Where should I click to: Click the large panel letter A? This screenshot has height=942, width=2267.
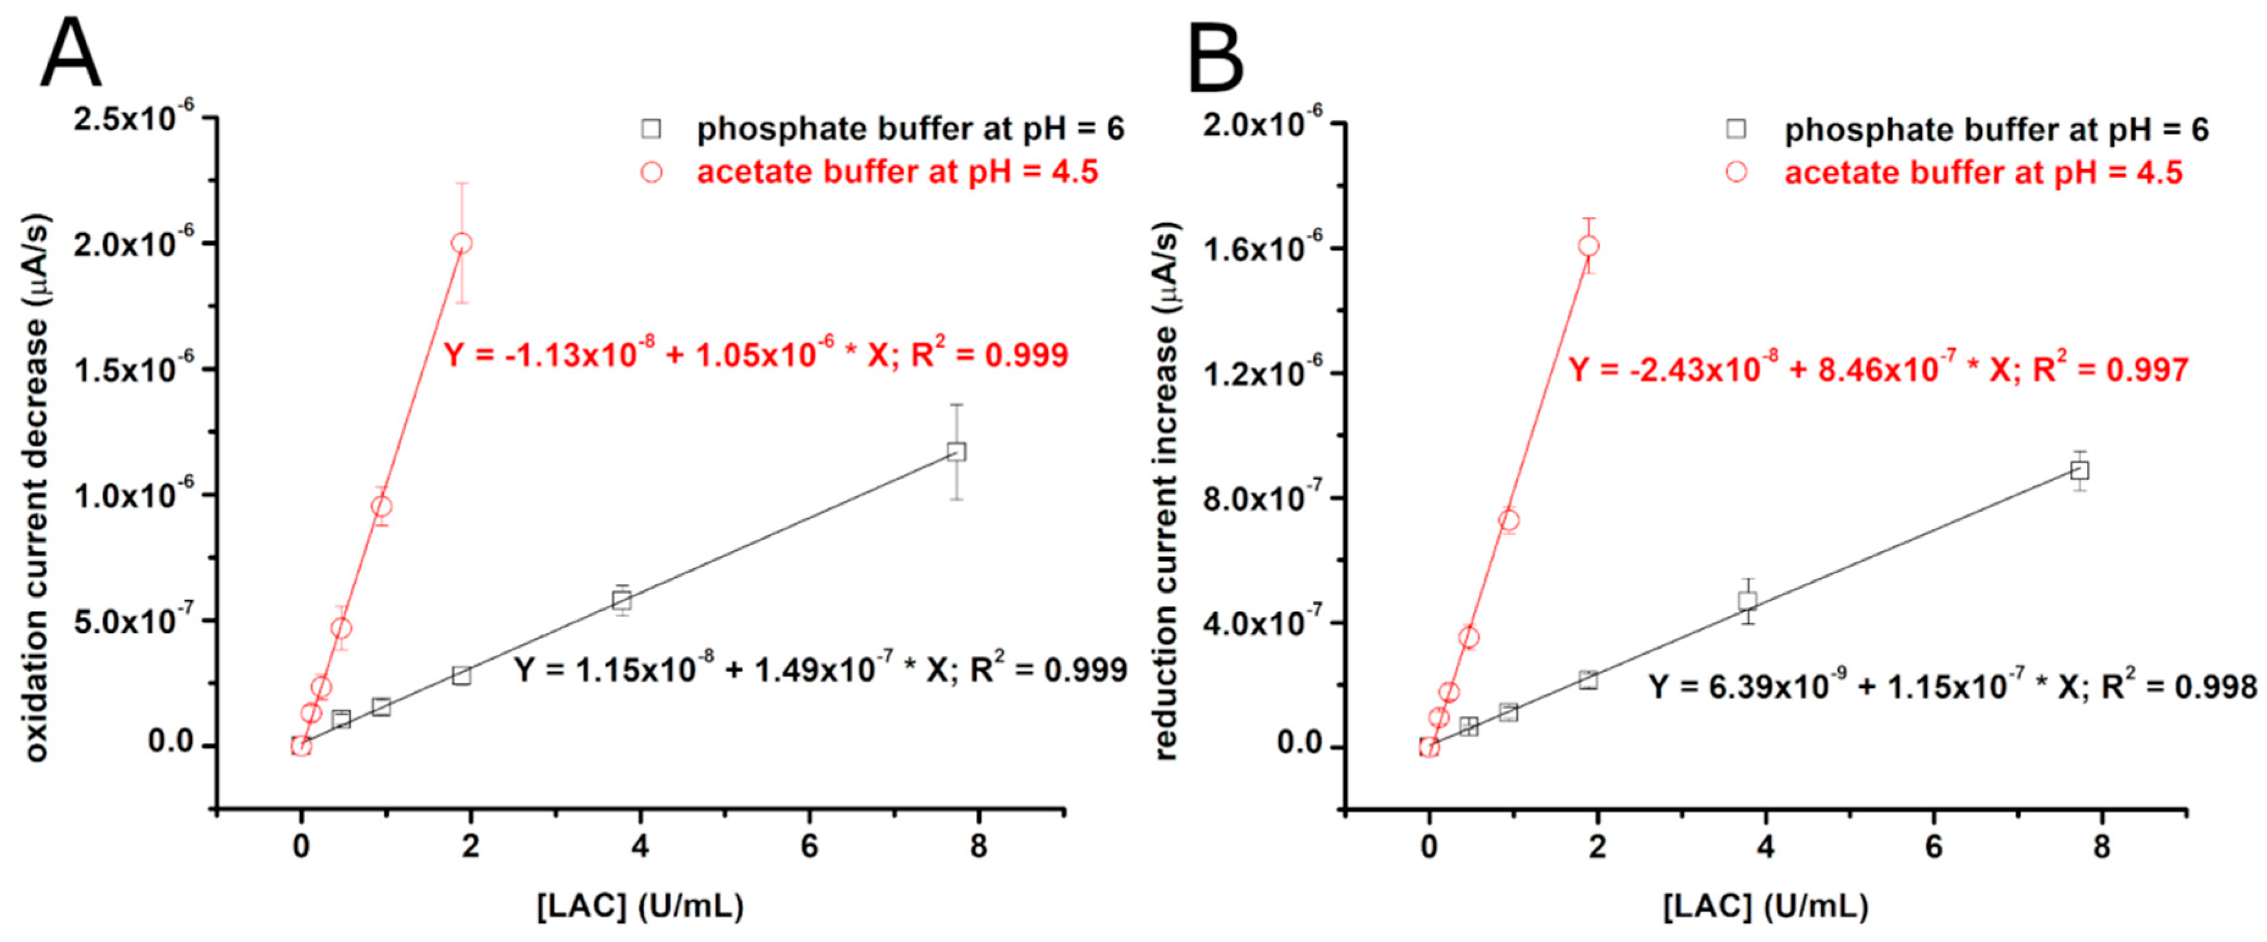(70, 54)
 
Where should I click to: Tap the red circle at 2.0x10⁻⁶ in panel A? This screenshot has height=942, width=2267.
(461, 243)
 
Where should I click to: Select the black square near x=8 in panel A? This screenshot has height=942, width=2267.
(956, 451)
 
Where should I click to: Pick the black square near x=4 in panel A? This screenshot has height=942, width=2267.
(622, 601)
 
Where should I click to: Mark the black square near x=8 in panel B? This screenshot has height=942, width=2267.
(2080, 470)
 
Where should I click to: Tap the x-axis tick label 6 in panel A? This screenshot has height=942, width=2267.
(809, 847)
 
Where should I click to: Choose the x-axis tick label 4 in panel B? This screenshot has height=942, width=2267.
(1765, 847)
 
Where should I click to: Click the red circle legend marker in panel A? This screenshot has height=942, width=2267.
(651, 172)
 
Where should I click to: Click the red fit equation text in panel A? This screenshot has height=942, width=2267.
(755, 355)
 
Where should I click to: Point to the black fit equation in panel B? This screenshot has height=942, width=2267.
(1952, 686)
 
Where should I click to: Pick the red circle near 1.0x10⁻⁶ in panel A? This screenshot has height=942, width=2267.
(381, 506)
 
